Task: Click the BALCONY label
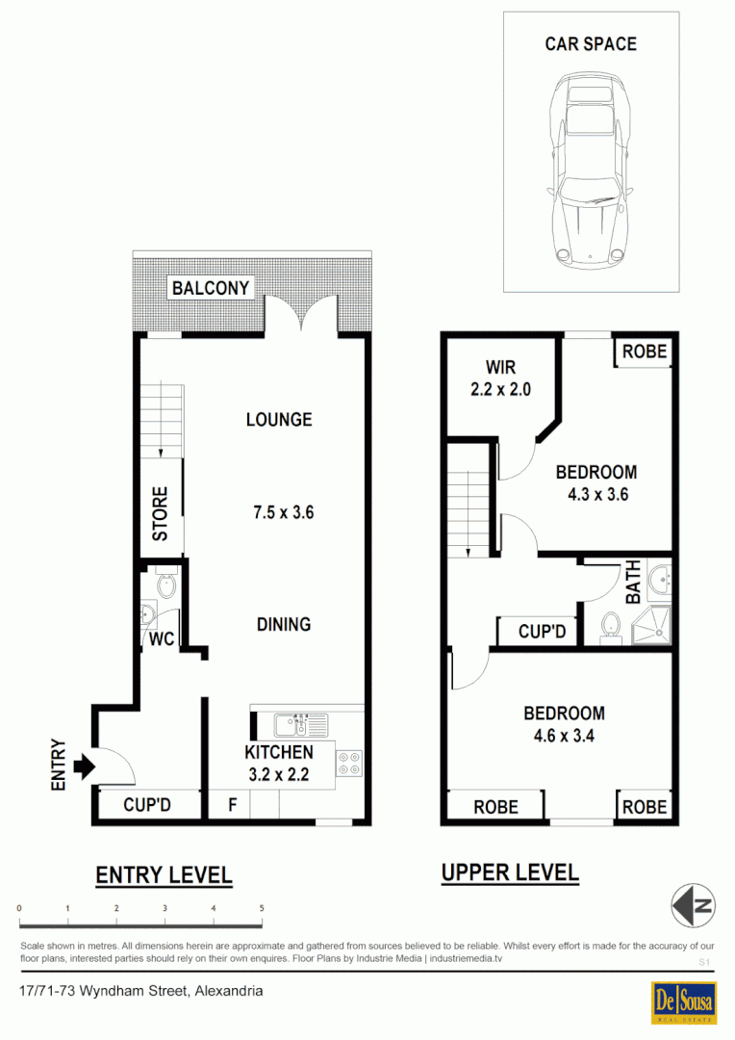pyautogui.click(x=211, y=288)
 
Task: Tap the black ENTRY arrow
pyautogui.click(x=84, y=767)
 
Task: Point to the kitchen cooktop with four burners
pyautogui.click(x=348, y=764)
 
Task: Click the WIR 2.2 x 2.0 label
pyautogui.click(x=500, y=378)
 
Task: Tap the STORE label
pyautogui.click(x=161, y=512)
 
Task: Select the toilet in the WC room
pyautogui.click(x=166, y=584)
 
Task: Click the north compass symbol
pyautogui.click(x=693, y=905)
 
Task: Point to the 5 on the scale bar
pyautogui.click(x=261, y=908)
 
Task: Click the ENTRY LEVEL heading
pyautogui.click(x=164, y=875)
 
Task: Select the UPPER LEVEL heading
pyautogui.click(x=510, y=873)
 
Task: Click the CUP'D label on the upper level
pyautogui.click(x=542, y=633)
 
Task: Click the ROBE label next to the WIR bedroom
pyautogui.click(x=644, y=351)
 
